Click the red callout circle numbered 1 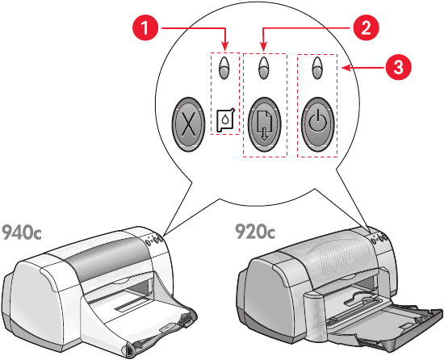[x=145, y=28]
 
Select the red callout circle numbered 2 [x=365, y=28]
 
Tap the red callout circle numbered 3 [x=398, y=68]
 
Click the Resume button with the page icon [x=265, y=124]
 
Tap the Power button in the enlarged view [x=318, y=124]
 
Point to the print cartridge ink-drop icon [x=225, y=120]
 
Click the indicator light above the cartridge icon [x=224, y=68]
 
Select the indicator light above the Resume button [x=264, y=68]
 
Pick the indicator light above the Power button [x=317, y=68]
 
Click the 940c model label [x=22, y=232]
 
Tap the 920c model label [x=255, y=231]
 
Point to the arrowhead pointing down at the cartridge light [x=225, y=47]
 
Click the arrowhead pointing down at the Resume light [x=264, y=47]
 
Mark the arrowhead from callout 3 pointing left [x=346, y=68]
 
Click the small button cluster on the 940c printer [x=154, y=240]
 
